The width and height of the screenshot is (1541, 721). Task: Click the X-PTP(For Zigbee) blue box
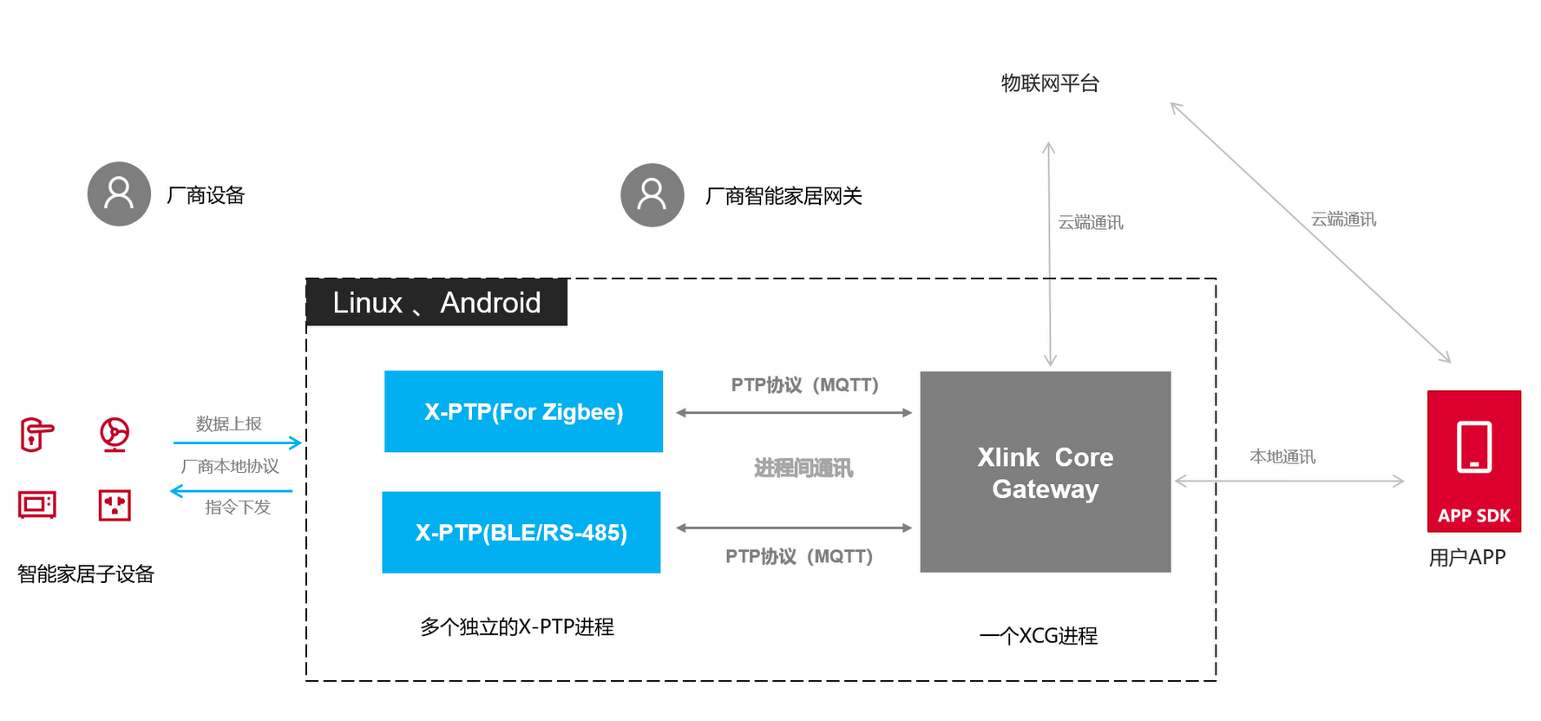523,411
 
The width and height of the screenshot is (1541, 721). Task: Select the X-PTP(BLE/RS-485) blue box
521,532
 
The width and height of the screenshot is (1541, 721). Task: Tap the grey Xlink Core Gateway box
1045,472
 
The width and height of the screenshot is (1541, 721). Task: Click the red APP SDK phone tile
1473,461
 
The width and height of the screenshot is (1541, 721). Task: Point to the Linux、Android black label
436,303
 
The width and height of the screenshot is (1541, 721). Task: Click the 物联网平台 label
1050,83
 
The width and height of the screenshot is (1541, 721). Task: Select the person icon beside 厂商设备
119,194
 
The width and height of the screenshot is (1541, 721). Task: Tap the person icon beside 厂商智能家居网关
652,195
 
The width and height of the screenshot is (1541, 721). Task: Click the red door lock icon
36,435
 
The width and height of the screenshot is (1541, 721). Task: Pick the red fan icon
115,434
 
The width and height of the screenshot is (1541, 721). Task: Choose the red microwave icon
37,504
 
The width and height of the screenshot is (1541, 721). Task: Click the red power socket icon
115,504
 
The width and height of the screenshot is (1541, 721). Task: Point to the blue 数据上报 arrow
237,442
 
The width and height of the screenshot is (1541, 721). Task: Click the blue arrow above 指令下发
232,491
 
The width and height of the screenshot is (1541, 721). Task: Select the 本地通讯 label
1282,456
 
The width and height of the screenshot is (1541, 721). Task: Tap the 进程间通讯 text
803,469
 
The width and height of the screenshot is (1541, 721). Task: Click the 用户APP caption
1466,557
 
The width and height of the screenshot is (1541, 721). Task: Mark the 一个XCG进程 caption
1038,636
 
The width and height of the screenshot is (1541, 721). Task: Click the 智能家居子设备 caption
85,574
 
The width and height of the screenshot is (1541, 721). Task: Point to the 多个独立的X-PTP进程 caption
517,626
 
